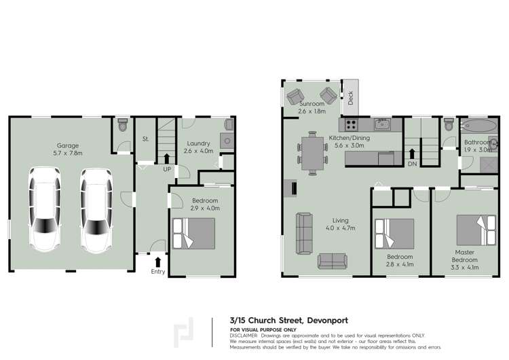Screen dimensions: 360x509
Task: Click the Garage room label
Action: [68, 145]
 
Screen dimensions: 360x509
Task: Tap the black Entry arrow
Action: [158, 261]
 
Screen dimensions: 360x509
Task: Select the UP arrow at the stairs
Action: [167, 159]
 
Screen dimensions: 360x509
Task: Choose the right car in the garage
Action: [94, 209]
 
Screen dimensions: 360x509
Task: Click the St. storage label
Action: [145, 139]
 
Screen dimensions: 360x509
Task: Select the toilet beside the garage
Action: [122, 125]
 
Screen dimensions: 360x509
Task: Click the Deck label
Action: [351, 98]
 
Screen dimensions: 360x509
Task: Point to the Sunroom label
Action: [312, 103]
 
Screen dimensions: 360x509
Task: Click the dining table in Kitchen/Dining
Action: [312, 153]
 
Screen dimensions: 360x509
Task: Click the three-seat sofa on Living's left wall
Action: [303, 230]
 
